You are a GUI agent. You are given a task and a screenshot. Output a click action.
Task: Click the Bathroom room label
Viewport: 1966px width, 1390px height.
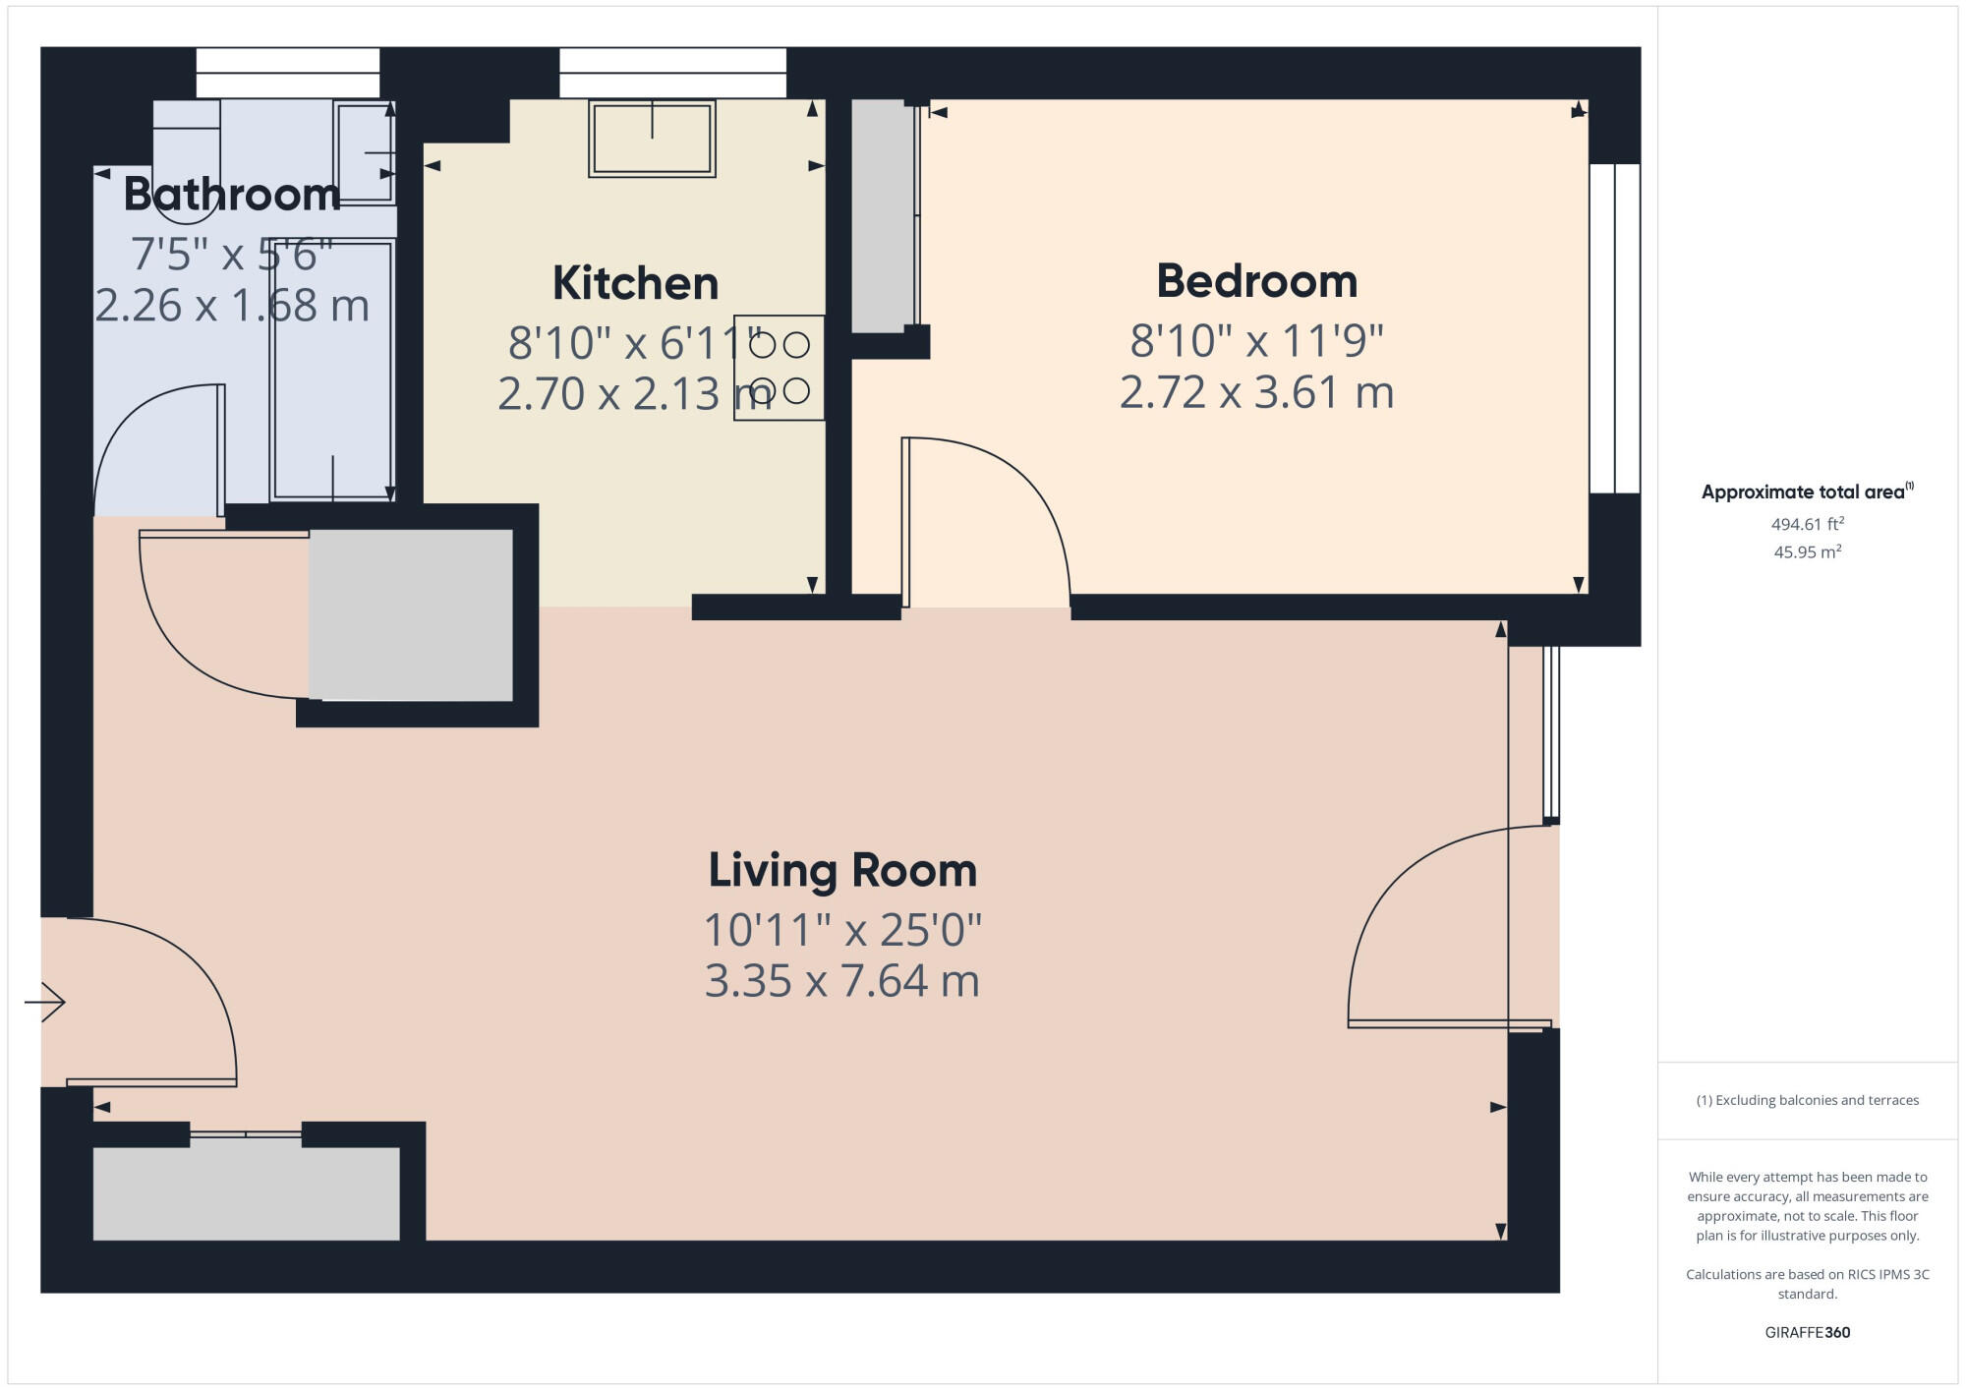[232, 195]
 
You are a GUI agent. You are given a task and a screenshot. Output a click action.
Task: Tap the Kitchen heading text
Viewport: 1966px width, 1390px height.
[635, 283]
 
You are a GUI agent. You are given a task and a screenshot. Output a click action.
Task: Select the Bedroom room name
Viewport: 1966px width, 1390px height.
[1256, 281]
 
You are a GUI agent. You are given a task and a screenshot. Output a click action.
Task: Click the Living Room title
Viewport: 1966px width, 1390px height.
[842, 870]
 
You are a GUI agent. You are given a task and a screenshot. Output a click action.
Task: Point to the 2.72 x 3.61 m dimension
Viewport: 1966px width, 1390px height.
[1256, 392]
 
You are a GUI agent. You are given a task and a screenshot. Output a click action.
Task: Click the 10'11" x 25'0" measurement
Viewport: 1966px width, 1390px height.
[842, 930]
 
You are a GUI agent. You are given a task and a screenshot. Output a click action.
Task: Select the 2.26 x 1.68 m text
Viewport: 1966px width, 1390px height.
[232, 306]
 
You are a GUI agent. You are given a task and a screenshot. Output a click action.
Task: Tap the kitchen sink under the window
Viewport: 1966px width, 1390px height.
[652, 139]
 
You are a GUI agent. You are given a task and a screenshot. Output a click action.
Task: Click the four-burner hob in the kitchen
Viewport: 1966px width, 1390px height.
[779, 368]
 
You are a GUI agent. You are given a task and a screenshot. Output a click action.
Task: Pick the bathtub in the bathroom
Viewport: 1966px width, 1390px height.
[332, 369]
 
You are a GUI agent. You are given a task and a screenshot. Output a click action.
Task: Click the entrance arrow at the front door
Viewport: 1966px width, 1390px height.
[45, 1002]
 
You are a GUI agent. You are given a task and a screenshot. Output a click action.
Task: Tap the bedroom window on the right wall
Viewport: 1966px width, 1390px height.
[1614, 328]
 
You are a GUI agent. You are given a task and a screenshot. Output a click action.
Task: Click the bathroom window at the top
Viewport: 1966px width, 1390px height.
[288, 73]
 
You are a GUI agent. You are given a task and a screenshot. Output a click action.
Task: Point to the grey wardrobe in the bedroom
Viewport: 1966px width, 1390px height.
[882, 216]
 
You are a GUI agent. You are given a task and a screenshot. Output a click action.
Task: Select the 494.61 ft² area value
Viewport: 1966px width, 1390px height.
[1807, 524]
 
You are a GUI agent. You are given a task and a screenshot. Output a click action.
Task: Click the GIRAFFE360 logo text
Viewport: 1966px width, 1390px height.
[1807, 1332]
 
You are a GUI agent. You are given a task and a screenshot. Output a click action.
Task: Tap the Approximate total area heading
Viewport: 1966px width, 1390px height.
[1807, 492]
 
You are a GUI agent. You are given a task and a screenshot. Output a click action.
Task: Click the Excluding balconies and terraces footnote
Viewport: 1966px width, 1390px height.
[1807, 1100]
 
